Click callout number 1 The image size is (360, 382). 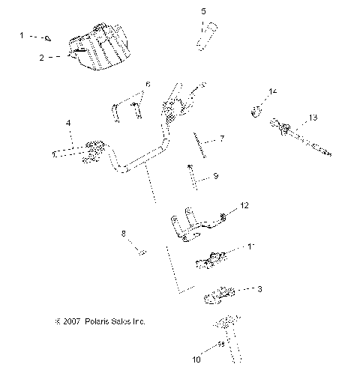coord(22,35)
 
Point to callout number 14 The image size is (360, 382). coord(273,91)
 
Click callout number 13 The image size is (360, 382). coord(313,117)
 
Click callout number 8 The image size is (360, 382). coord(124,234)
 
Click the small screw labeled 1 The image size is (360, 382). coord(46,37)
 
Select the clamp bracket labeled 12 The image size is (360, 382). coord(193,225)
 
